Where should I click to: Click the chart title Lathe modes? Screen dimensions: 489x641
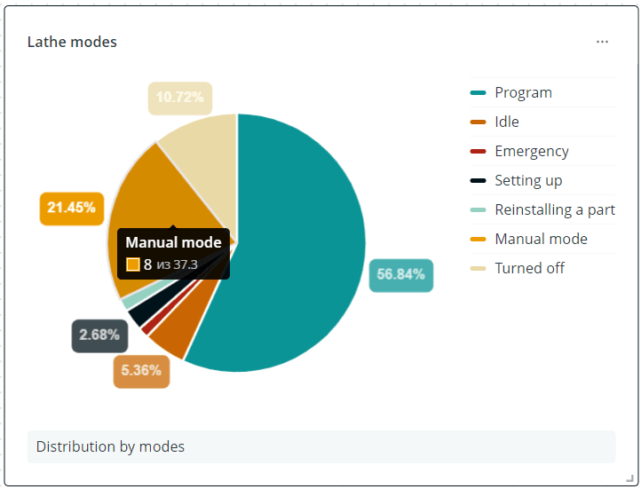point(72,42)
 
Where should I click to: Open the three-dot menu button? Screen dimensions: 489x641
point(603,42)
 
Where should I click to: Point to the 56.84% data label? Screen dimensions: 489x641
point(400,275)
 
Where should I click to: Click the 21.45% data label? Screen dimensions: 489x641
point(72,208)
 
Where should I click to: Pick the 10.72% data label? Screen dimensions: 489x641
point(179,98)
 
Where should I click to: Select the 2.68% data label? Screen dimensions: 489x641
point(99,335)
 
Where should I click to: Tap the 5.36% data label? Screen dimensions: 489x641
point(141,370)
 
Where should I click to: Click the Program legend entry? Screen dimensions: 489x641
point(523,92)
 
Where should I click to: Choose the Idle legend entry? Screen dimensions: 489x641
point(507,122)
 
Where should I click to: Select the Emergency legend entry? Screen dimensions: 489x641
point(531,151)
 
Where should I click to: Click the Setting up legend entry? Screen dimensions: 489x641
point(528,180)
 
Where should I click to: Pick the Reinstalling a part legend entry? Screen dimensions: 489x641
point(554,209)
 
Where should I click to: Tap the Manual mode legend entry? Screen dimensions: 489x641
point(541,239)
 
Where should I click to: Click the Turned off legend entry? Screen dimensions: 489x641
point(529,268)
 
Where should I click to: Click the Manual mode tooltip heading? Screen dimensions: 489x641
point(173,242)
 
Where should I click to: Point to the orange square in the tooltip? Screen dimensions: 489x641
point(133,264)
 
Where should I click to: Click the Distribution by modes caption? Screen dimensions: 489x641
point(110,446)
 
